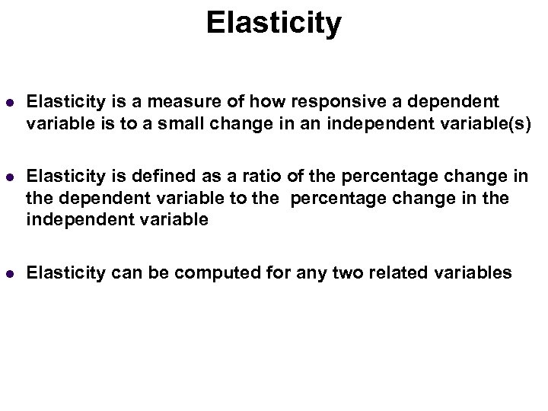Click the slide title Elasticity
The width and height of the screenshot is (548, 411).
[273, 23]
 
